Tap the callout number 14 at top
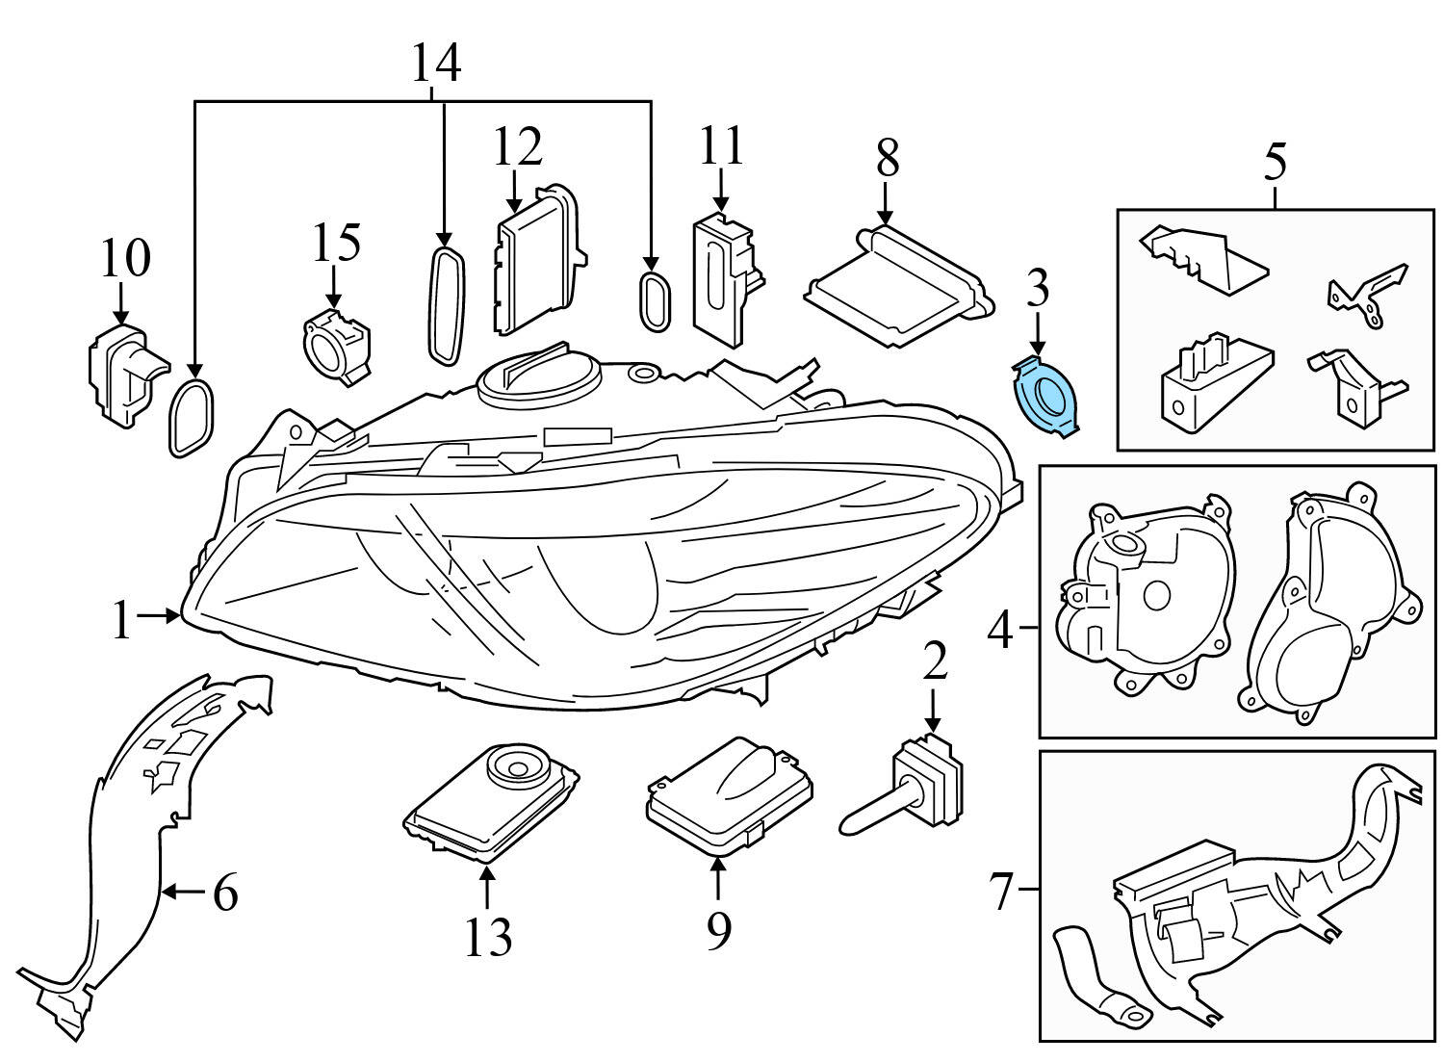tap(436, 64)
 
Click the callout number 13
tap(488, 936)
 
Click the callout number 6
tap(225, 894)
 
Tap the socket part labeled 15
tap(335, 344)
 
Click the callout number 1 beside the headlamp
tap(120, 620)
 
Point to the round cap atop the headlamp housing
tap(539, 375)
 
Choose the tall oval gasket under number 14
tap(445, 305)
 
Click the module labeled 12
tap(536, 260)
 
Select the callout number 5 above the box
tap(1274, 162)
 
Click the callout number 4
tap(1001, 632)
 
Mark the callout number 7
tap(1002, 893)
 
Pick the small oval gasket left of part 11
tap(652, 300)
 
